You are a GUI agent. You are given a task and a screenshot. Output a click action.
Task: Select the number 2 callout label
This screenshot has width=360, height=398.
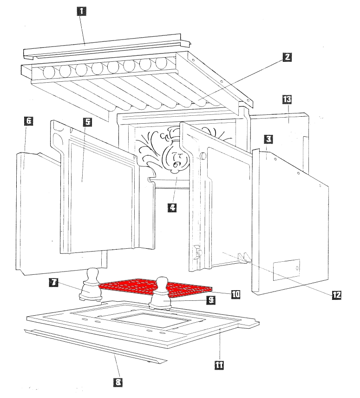pyautogui.click(x=288, y=57)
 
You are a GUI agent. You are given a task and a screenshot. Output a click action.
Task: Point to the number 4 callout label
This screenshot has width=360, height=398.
pyautogui.click(x=172, y=207)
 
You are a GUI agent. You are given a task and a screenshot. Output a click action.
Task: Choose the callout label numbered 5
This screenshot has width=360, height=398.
pyautogui.click(x=88, y=122)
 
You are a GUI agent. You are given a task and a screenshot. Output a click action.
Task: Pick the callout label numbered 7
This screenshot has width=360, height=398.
pyautogui.click(x=55, y=282)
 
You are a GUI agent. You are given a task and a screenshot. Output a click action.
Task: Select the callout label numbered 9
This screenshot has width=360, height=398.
pyautogui.click(x=211, y=300)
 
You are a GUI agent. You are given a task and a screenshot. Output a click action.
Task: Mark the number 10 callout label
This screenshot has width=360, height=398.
pyautogui.click(x=236, y=294)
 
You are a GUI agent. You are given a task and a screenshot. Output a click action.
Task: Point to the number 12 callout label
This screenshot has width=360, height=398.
pyautogui.click(x=336, y=294)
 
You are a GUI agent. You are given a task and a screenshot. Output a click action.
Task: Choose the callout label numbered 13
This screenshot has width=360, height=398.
pyautogui.click(x=287, y=99)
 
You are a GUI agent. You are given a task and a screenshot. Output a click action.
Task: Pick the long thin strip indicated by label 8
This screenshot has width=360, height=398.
pyautogui.click(x=93, y=346)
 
